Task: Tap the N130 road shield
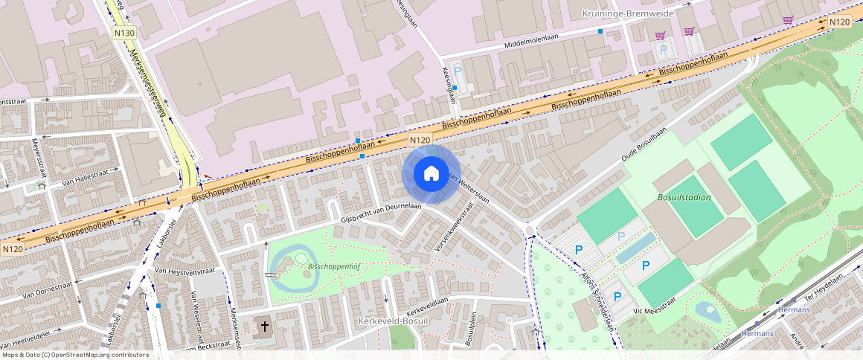coord(124,33)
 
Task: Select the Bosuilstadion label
coord(684,198)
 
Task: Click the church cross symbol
coord(265,327)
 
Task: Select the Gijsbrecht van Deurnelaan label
coord(381,213)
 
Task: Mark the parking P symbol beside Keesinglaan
coord(458,70)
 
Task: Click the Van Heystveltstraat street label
coord(185,271)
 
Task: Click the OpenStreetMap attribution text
coord(75,355)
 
